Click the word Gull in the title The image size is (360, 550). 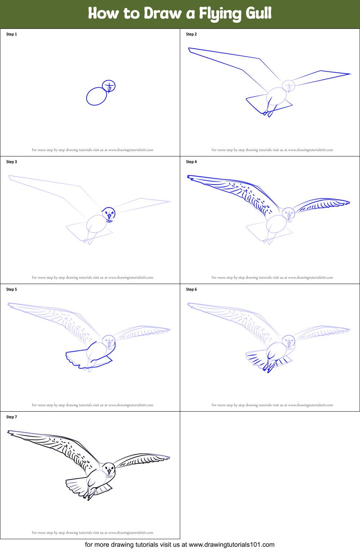click(258, 14)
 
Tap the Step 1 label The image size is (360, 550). click(12, 34)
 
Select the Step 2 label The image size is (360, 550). click(191, 34)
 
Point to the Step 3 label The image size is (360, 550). click(12, 162)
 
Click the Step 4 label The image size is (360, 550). click(191, 162)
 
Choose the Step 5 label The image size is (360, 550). click(12, 289)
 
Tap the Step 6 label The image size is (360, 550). click(191, 289)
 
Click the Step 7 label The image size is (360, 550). click(12, 417)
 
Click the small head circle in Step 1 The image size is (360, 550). click(109, 86)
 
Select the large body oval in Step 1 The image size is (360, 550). click(97, 96)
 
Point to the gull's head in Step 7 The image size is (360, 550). click(109, 469)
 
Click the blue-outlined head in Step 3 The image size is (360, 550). click(109, 214)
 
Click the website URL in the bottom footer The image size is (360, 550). click(231, 545)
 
